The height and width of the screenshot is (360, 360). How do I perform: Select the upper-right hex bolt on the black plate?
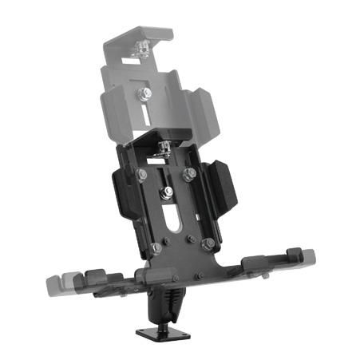189,173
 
